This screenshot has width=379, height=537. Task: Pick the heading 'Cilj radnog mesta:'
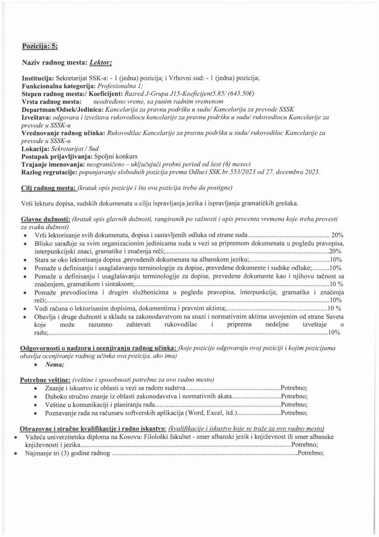49,188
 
